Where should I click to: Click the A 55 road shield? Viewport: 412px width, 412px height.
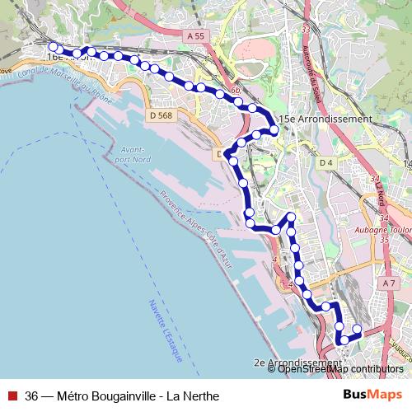(194, 37)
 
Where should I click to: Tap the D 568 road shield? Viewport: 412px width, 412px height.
(162, 116)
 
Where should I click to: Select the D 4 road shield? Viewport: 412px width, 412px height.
(325, 163)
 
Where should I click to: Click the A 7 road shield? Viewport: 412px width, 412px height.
(389, 283)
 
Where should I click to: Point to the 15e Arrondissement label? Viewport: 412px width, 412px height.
(325, 119)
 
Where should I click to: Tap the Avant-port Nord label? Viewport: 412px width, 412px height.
(133, 154)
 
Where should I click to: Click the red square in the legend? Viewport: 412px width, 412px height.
(12, 396)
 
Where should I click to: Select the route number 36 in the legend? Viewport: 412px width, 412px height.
(32, 396)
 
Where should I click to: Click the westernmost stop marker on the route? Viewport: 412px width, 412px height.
(53, 47)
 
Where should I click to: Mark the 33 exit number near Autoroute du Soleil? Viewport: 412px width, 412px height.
(306, 29)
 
